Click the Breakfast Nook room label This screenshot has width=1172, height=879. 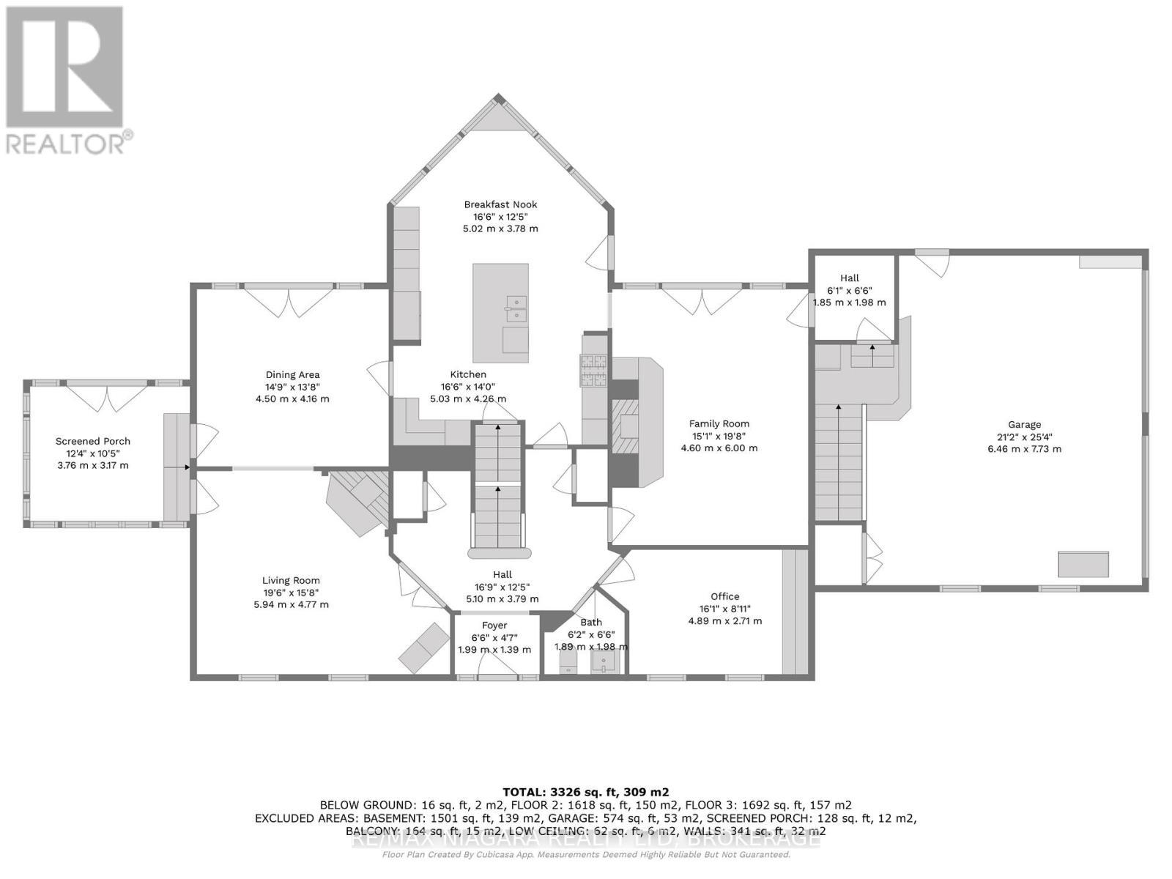pos(500,204)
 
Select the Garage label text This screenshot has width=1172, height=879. pos(1024,424)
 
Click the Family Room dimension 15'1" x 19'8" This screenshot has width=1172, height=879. pos(719,436)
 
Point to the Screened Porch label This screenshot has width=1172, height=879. pos(93,441)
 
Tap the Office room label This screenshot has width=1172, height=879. pos(724,596)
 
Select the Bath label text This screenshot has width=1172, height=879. pos(591,623)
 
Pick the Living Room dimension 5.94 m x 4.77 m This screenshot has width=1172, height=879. pos(291,604)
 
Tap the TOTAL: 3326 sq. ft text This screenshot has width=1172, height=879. pos(585,792)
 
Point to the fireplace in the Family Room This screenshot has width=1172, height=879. pos(626,432)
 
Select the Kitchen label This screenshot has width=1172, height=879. pos(469,374)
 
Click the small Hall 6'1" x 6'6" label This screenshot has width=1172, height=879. pos(849,278)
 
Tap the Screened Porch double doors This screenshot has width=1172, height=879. pos(108,398)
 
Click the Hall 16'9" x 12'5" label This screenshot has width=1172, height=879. pos(502,574)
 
